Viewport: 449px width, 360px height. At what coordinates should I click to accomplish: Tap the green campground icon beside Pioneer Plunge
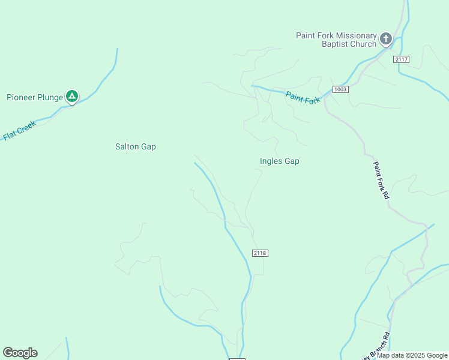tap(71, 96)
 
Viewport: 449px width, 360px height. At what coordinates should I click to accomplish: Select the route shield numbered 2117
tap(402, 59)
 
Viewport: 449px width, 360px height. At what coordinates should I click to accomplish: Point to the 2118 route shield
tap(260, 253)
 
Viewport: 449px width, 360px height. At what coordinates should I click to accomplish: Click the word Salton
tap(127, 146)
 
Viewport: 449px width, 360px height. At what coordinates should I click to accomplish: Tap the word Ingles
tap(271, 161)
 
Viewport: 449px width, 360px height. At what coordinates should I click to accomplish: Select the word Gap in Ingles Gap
tap(292, 161)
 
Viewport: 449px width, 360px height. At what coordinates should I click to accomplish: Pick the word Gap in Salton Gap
tap(148, 146)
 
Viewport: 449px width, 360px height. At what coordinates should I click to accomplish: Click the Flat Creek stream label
tap(19, 130)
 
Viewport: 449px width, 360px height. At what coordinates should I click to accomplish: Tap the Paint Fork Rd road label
tap(382, 181)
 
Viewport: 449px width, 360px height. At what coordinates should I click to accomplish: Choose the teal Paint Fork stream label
tap(303, 97)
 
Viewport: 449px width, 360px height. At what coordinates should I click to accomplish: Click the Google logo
tap(20, 353)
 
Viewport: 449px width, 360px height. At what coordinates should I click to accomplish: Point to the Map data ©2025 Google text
tap(412, 355)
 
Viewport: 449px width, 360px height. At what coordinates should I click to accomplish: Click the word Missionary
tap(357, 35)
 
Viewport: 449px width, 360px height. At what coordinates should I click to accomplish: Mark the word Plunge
tap(51, 97)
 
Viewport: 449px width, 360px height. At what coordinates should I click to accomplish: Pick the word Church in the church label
tap(364, 44)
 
